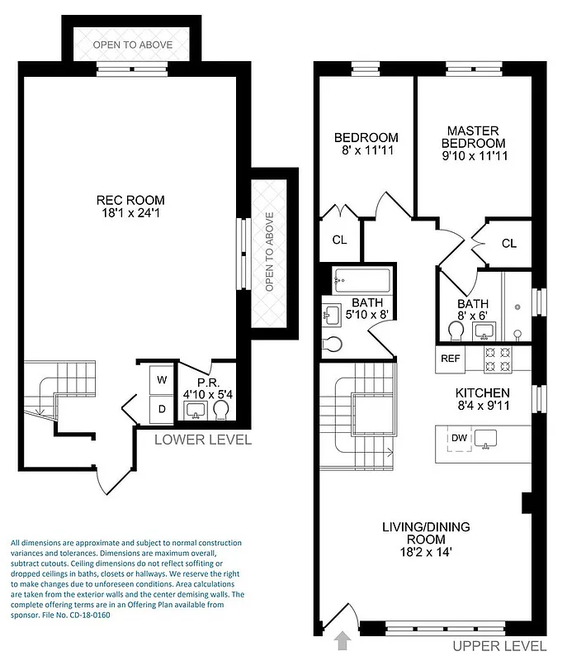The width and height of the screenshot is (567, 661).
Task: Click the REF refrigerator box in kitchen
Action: pyautogui.click(x=450, y=359)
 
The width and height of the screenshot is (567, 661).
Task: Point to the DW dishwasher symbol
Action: pyautogui.click(x=457, y=438)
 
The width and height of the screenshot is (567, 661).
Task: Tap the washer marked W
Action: pyautogui.click(x=162, y=380)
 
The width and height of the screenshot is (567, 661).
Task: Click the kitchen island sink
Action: pyautogui.click(x=487, y=439)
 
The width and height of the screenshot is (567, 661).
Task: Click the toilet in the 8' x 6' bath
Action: pyautogui.click(x=455, y=330)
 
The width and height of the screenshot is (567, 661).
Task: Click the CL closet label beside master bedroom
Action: pyautogui.click(x=508, y=243)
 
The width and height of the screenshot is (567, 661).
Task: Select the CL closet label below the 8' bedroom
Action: pyautogui.click(x=339, y=240)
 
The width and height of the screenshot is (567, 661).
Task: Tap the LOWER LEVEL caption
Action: pyautogui.click(x=203, y=440)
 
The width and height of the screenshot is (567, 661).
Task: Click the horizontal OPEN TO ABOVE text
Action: pyautogui.click(x=133, y=45)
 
